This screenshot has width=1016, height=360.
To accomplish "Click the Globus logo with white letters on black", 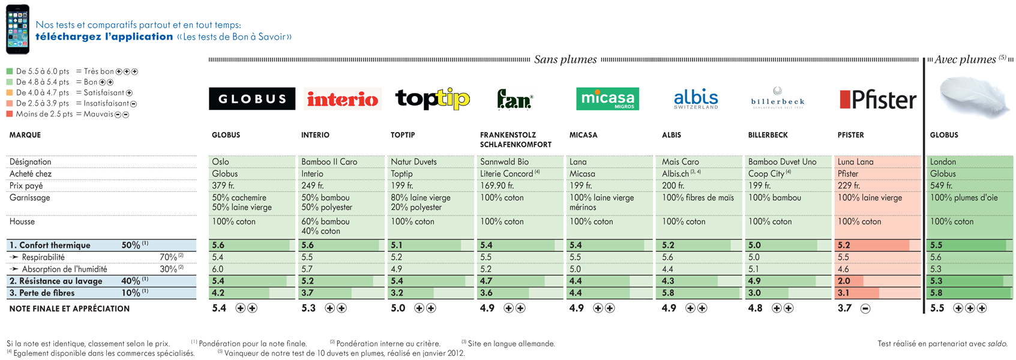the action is click(251, 99).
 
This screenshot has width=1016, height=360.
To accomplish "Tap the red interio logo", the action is click(343, 99).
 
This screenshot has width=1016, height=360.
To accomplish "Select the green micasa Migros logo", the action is click(607, 99).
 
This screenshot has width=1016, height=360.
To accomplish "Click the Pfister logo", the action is click(877, 99).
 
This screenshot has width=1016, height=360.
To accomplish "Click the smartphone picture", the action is click(17, 29).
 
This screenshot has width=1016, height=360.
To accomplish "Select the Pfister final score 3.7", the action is click(844, 308).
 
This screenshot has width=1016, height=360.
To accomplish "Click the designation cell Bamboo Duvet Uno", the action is click(782, 162).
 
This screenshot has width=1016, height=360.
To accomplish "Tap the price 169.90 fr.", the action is click(497, 185).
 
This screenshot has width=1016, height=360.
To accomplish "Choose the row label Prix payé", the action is click(26, 186).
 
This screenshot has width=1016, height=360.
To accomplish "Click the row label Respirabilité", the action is click(43, 257).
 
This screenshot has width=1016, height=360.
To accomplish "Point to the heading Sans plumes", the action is click(565, 59).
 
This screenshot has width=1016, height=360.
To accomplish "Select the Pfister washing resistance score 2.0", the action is click(844, 281).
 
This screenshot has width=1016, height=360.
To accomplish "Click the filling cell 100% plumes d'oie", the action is click(964, 197).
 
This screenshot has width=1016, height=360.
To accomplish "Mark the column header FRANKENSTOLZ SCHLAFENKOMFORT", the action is click(516, 140).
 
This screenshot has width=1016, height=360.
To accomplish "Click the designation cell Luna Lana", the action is click(855, 162).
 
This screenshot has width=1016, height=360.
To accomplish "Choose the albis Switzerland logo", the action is click(696, 99).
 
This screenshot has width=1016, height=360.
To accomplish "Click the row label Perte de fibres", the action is click(42, 293).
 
